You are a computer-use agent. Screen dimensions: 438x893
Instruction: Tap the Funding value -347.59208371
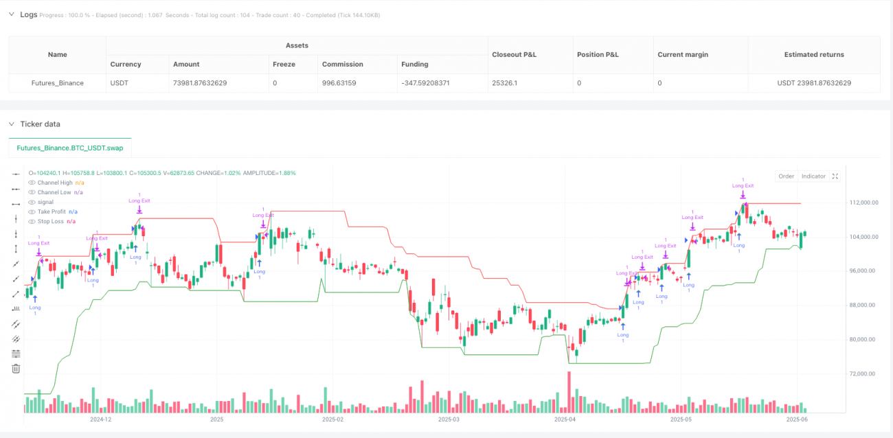[x=431, y=83]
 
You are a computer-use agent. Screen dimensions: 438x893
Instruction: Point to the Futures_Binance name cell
[x=58, y=83]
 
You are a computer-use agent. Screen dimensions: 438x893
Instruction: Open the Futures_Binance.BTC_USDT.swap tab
[x=70, y=148]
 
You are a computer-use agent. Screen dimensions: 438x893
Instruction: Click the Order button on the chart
[x=786, y=176]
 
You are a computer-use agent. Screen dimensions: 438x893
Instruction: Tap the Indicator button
[x=813, y=176]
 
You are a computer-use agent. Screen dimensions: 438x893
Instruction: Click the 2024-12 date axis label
[x=101, y=418]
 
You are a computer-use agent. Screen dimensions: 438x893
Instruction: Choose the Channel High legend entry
[x=54, y=183]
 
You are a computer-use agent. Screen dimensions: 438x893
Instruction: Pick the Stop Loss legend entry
[x=52, y=222]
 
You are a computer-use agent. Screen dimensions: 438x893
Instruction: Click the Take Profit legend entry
[x=52, y=212]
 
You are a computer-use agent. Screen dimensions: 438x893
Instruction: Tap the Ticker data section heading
[x=40, y=124]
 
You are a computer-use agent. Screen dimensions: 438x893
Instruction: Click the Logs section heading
[x=29, y=14]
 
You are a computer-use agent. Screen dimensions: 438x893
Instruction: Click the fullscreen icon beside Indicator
[x=835, y=176]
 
